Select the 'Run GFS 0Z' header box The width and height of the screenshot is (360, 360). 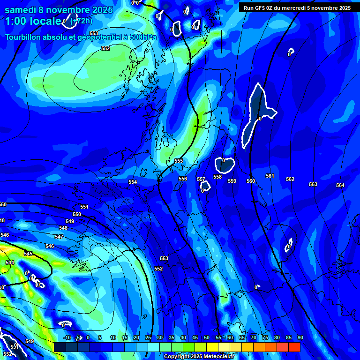(x=297, y=7)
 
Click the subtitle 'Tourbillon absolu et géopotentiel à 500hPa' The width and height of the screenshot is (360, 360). (x=81, y=37)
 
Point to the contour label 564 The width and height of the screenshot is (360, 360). (x=340, y=186)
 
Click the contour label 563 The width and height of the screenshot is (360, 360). (x=313, y=184)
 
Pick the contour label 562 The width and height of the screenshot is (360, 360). (x=290, y=180)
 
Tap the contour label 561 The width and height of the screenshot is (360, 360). (x=270, y=176)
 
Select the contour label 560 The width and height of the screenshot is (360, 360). (x=251, y=181)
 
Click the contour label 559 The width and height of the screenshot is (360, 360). (x=232, y=181)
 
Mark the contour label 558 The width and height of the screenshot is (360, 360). (x=217, y=177)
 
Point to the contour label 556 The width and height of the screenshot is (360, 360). (x=183, y=179)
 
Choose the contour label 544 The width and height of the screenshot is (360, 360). (x=9, y=263)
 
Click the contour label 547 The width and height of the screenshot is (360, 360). (x=59, y=237)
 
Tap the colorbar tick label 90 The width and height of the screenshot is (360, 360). (x=300, y=338)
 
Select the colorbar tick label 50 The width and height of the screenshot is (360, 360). (x=207, y=338)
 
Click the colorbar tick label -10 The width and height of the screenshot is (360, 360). (x=67, y=338)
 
